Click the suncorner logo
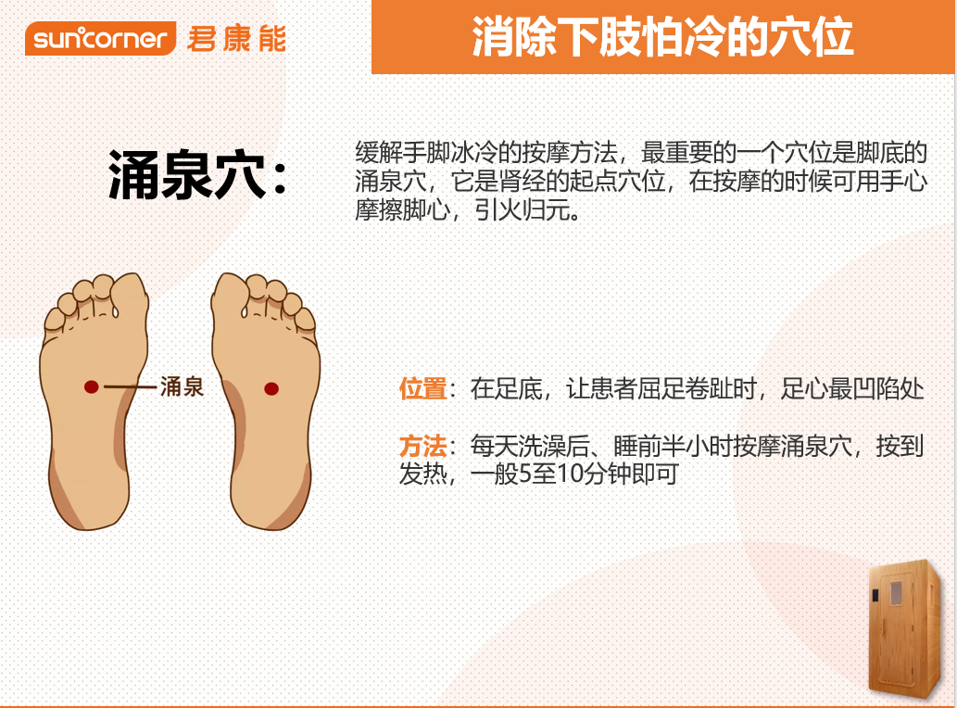click(x=101, y=39)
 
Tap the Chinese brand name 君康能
click(x=236, y=39)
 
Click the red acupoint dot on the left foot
click(x=91, y=386)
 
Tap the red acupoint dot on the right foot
click(x=271, y=386)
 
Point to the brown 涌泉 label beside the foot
click(x=182, y=386)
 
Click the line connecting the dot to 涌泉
click(x=129, y=386)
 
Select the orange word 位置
click(x=423, y=388)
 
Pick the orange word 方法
click(x=423, y=447)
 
